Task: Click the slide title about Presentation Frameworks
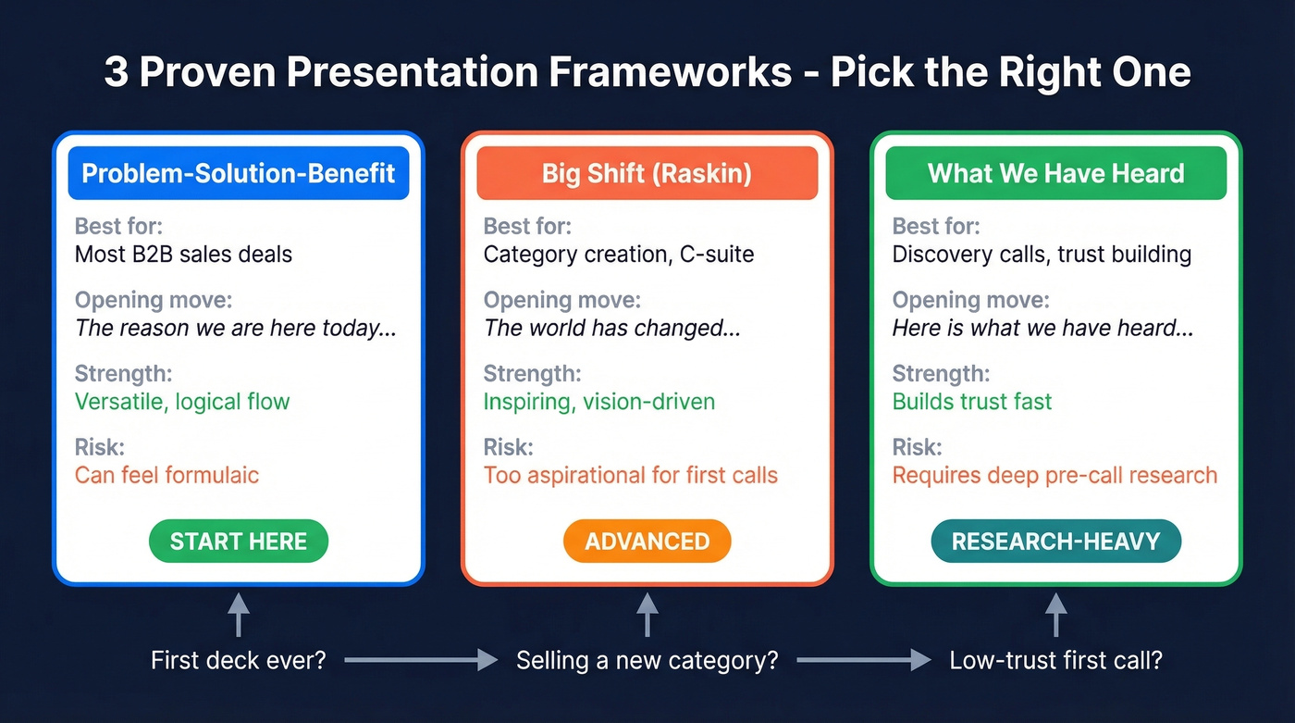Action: pyautogui.click(x=647, y=71)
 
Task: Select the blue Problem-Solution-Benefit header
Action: pyautogui.click(x=239, y=173)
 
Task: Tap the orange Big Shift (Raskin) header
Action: pyautogui.click(x=647, y=173)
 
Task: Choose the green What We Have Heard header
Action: pyautogui.click(x=1055, y=173)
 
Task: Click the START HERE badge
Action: pyautogui.click(x=239, y=542)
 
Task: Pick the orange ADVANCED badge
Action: pyautogui.click(x=647, y=542)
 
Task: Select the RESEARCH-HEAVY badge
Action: pyautogui.click(x=1055, y=542)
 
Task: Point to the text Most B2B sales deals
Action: pyautogui.click(x=183, y=255)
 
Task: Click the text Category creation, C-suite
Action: pyautogui.click(x=619, y=255)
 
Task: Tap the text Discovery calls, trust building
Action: pyautogui.click(x=1042, y=255)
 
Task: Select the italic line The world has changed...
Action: pyautogui.click(x=611, y=328)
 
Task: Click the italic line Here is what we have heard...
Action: pyautogui.click(x=1042, y=328)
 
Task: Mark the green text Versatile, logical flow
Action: pyautogui.click(x=182, y=402)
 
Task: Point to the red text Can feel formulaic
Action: pyautogui.click(x=166, y=476)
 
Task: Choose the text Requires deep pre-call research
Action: pyautogui.click(x=1054, y=476)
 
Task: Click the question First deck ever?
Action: pyautogui.click(x=239, y=661)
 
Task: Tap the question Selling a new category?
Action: pyautogui.click(x=647, y=661)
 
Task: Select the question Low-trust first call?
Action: pyautogui.click(x=1055, y=661)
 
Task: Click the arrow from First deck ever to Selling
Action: pyautogui.click(x=421, y=660)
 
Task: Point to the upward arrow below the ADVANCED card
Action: pyautogui.click(x=647, y=615)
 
